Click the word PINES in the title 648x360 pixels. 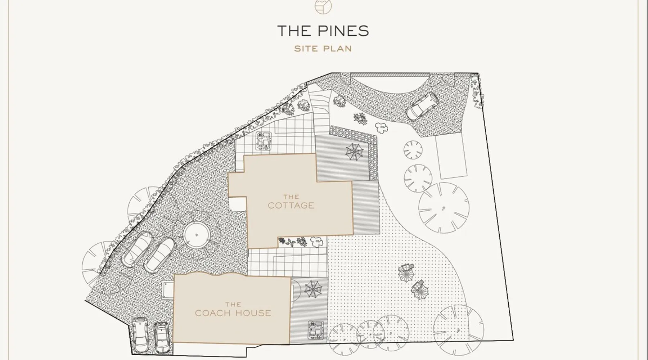[x=343, y=31]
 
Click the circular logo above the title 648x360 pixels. [x=323, y=6]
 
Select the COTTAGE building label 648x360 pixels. [x=291, y=206]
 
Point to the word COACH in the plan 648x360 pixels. [x=212, y=313]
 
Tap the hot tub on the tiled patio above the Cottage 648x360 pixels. [x=264, y=140]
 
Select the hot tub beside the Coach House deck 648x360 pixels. [x=315, y=330]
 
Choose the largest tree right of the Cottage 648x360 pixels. [x=444, y=208]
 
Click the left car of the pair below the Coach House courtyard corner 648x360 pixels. [x=139, y=336]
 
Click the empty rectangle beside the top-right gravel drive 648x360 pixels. [x=451, y=156]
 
